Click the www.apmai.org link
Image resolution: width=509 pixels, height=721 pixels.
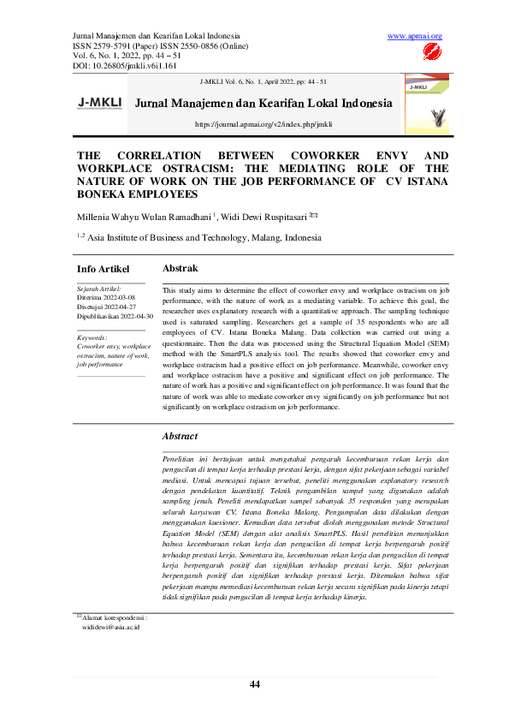tap(415, 35)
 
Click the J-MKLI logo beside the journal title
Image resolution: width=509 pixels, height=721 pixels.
tap(100, 103)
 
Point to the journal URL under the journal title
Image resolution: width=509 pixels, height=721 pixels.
tap(263, 124)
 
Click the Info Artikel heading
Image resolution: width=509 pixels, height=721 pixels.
tap(104, 270)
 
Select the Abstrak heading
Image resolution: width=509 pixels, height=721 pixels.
tap(181, 268)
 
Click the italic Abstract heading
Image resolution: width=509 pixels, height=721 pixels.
tap(180, 436)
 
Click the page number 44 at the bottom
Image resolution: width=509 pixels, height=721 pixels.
tap(254, 683)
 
